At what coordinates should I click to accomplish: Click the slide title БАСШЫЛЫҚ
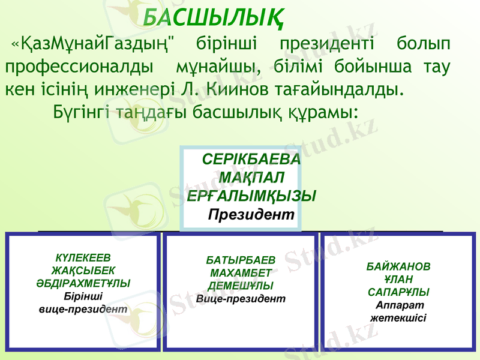coord(214,17)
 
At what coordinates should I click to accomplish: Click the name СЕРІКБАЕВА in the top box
coord(251,161)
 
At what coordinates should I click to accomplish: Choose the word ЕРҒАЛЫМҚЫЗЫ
coord(251,196)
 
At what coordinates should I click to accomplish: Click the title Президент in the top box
coord(251,214)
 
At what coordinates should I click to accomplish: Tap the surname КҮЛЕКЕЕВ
coord(83,259)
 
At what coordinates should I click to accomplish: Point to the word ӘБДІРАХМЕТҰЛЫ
coord(83,283)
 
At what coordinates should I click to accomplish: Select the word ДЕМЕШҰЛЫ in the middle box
coord(241,286)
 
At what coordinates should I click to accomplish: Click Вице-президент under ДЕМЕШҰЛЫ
coord(241,298)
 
